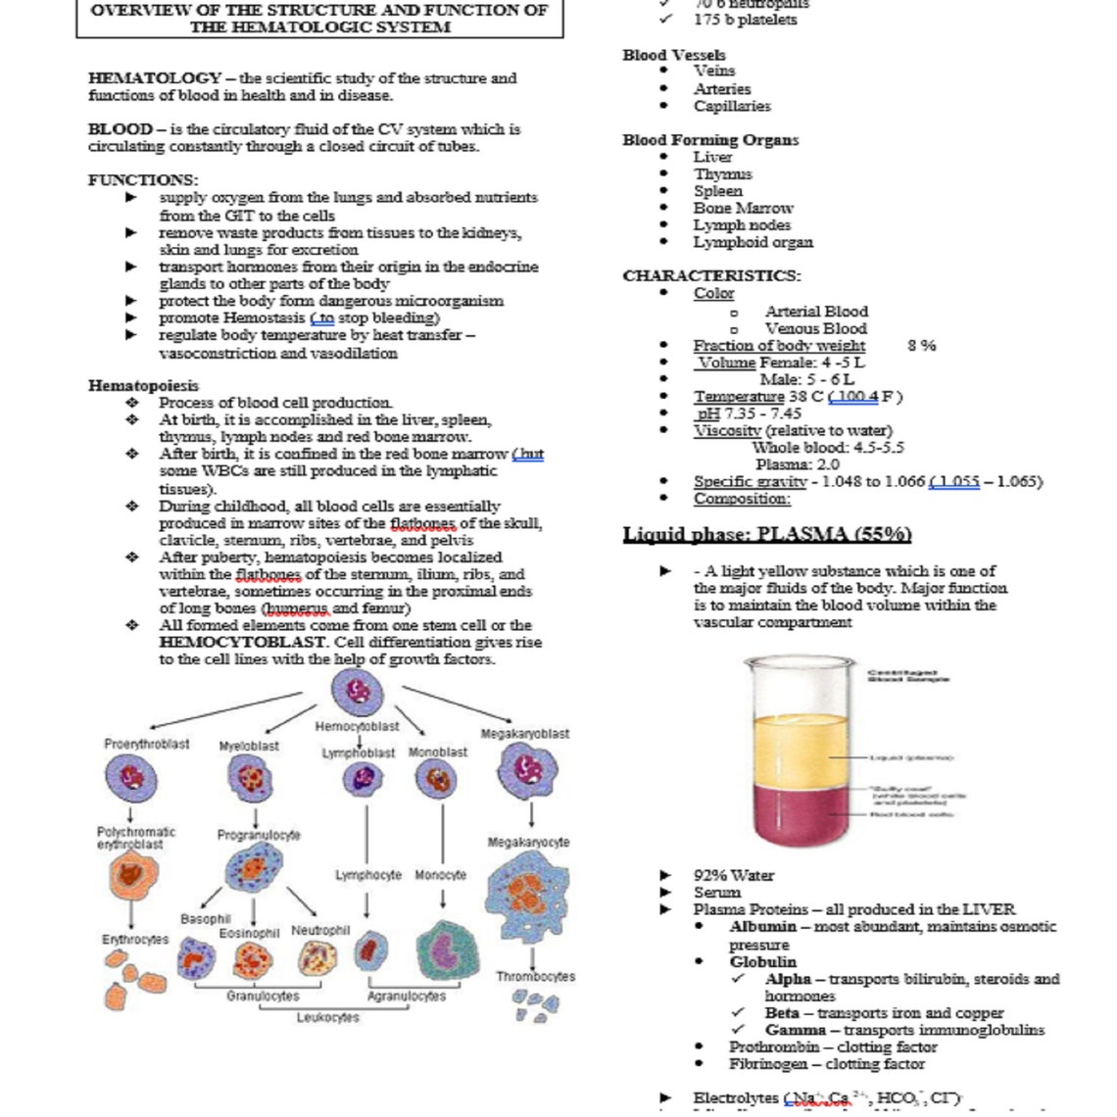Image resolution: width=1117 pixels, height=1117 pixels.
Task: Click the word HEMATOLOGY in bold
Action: click(155, 78)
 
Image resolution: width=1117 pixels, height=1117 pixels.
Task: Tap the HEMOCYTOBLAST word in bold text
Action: click(242, 643)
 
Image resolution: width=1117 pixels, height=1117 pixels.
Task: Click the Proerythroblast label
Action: click(147, 744)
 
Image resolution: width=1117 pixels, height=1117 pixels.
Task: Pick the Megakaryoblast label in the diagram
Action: click(525, 734)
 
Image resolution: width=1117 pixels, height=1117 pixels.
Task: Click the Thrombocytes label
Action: click(535, 977)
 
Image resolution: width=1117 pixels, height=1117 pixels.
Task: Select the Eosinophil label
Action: click(249, 934)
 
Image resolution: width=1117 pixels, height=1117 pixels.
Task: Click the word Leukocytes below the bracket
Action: click(328, 1018)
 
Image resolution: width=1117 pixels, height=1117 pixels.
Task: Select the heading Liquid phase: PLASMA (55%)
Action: click(767, 535)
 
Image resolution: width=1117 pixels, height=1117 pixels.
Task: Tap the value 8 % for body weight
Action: click(921, 345)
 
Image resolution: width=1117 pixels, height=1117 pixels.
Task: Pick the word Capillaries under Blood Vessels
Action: click(732, 106)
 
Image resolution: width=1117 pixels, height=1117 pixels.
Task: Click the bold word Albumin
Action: click(762, 926)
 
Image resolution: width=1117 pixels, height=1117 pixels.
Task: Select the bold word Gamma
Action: click(796, 1030)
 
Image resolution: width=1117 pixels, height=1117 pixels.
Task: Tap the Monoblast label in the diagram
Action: click(437, 753)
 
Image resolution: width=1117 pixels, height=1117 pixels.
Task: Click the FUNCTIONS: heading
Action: click(143, 180)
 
